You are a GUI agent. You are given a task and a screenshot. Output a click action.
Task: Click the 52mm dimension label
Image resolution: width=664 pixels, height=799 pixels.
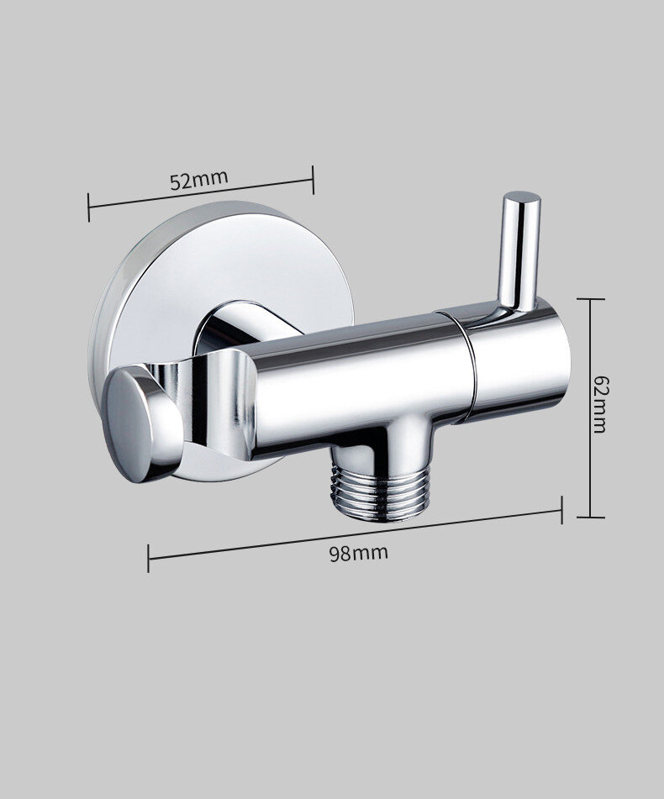198,181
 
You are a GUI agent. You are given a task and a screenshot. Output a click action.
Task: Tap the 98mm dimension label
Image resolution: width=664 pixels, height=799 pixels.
358,554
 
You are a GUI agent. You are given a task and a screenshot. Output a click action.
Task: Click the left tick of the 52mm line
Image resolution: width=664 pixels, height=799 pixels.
88,208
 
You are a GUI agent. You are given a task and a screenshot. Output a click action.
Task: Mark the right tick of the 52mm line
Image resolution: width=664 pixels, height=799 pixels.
313,179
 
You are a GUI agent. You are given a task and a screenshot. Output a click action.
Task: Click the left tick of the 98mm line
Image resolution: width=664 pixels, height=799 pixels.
148,559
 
